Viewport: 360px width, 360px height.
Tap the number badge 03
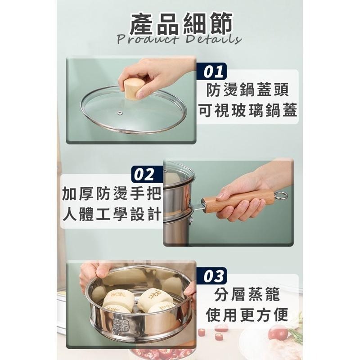[x=212, y=276]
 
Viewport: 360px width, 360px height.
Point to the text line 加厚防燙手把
[x=112, y=194]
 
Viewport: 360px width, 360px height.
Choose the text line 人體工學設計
[x=112, y=214]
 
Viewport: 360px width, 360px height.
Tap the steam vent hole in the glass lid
[x=121, y=111]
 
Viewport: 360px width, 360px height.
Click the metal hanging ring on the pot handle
[x=281, y=196]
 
